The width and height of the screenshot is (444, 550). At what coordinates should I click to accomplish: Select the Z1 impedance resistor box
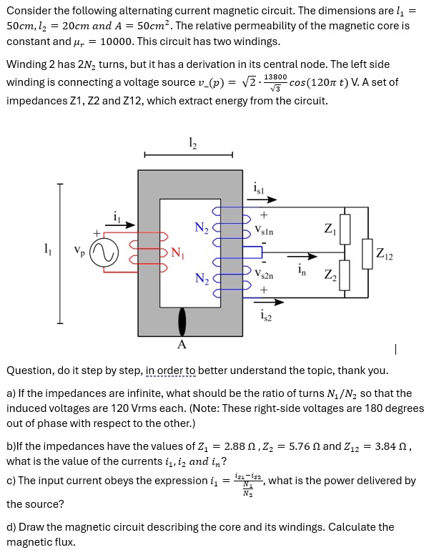tap(345, 229)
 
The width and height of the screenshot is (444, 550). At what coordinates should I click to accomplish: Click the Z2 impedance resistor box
tap(345, 276)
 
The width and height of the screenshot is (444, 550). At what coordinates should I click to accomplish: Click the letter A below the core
tap(182, 345)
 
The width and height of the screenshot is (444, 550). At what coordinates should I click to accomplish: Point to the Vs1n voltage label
tap(264, 230)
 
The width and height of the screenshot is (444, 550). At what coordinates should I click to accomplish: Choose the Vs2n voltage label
tap(264, 275)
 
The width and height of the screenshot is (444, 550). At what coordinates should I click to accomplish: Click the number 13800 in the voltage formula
tap(275, 77)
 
